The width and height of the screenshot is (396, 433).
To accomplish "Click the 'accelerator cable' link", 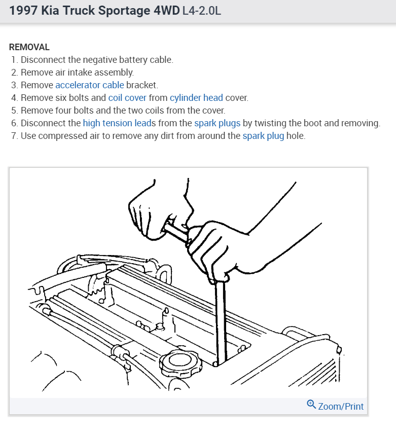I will (x=89, y=85).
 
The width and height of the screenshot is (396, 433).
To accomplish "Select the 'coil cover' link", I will (x=127, y=97).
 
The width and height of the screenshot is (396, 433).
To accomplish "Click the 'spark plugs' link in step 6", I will (x=218, y=123).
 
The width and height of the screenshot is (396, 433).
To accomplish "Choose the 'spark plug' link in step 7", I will (x=263, y=135).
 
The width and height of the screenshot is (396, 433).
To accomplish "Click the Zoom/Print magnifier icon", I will (x=311, y=405).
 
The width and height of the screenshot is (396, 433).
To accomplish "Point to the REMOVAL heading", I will (x=29, y=47).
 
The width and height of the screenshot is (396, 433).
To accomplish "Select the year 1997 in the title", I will (x=23, y=11).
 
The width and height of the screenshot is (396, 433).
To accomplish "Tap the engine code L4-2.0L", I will (x=201, y=11).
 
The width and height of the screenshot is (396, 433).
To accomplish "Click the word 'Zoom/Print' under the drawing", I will (x=341, y=406).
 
